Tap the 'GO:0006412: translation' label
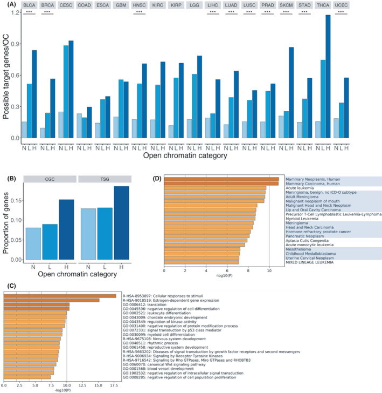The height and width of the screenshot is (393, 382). pos(149,305)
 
